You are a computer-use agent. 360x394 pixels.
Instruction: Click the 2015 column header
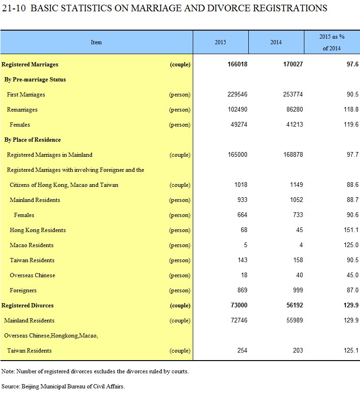pyautogui.click(x=220, y=42)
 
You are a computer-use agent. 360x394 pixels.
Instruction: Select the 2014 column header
pyautogui.click(x=276, y=42)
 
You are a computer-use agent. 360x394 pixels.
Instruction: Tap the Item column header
pyautogui.click(x=96, y=42)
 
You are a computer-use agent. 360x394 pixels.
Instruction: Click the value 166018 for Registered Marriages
pyautogui.click(x=237, y=64)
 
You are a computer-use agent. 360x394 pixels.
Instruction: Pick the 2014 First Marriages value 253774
pyautogui.click(x=293, y=94)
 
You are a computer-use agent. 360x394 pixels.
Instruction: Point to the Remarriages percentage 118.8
pyautogui.click(x=351, y=109)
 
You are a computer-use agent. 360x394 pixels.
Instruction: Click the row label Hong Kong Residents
pyautogui.click(x=38, y=230)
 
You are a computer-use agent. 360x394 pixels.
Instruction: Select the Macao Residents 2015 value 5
pyautogui.click(x=245, y=245)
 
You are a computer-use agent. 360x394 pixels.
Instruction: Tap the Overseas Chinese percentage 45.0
pyautogui.click(x=352, y=275)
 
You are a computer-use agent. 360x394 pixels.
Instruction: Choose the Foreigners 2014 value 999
pyautogui.click(x=298, y=290)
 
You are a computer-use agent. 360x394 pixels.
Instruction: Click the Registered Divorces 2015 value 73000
pyautogui.click(x=239, y=306)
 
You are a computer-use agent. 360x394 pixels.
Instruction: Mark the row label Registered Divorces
pyautogui.click(x=27, y=306)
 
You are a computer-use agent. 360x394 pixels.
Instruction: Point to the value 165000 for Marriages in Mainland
pyautogui.click(x=237, y=154)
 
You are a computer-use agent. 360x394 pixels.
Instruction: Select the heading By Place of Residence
pyautogui.click(x=33, y=140)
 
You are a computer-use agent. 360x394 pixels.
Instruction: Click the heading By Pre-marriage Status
pyautogui.click(x=35, y=80)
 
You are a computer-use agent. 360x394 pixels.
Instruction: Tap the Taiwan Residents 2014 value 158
pyautogui.click(x=298, y=260)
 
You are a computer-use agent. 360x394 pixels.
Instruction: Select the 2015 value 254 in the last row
pyautogui.click(x=242, y=351)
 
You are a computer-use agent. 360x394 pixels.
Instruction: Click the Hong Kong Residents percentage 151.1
pyautogui.click(x=351, y=230)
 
